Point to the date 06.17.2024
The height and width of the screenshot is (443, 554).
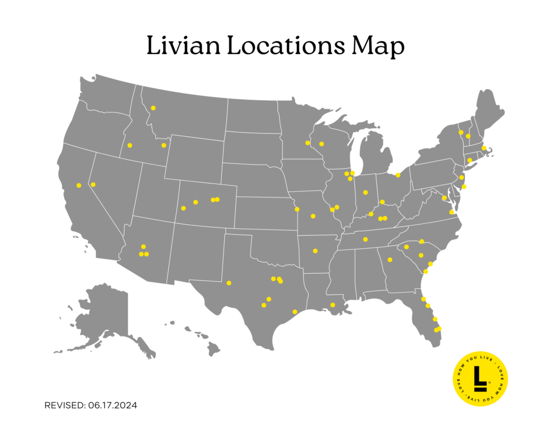[112, 405]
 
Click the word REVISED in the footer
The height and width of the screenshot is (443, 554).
[64, 405]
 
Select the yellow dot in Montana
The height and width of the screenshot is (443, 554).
[153, 108]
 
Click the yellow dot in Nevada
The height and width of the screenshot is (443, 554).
[93, 184]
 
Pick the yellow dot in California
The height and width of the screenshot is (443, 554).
[79, 186]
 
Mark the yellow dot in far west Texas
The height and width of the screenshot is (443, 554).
[229, 283]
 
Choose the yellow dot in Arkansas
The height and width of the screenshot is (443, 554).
[315, 250]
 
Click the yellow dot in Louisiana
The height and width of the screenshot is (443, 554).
[333, 305]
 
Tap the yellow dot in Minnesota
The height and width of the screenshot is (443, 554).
[307, 143]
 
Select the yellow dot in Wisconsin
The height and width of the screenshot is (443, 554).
[321, 144]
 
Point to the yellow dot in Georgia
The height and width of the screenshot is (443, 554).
[390, 260]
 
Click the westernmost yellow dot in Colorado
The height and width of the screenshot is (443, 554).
[183, 208]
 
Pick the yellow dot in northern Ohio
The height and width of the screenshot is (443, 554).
[398, 175]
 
